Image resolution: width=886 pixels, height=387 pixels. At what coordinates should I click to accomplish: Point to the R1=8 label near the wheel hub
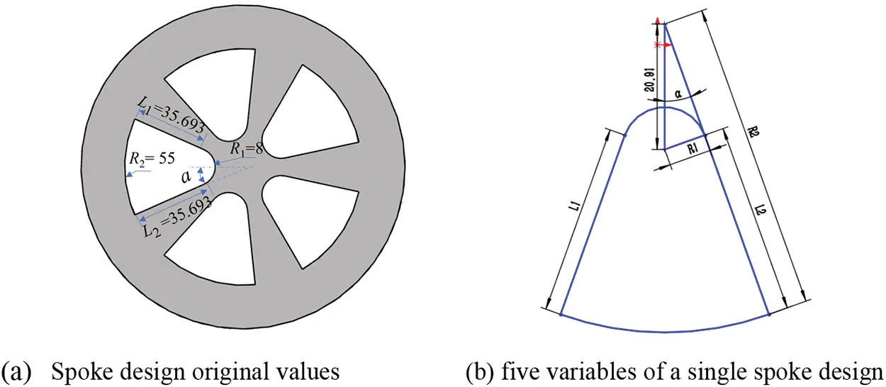pyautogui.click(x=246, y=149)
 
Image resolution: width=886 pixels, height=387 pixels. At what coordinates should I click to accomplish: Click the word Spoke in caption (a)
pyautogui.click(x=77, y=371)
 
